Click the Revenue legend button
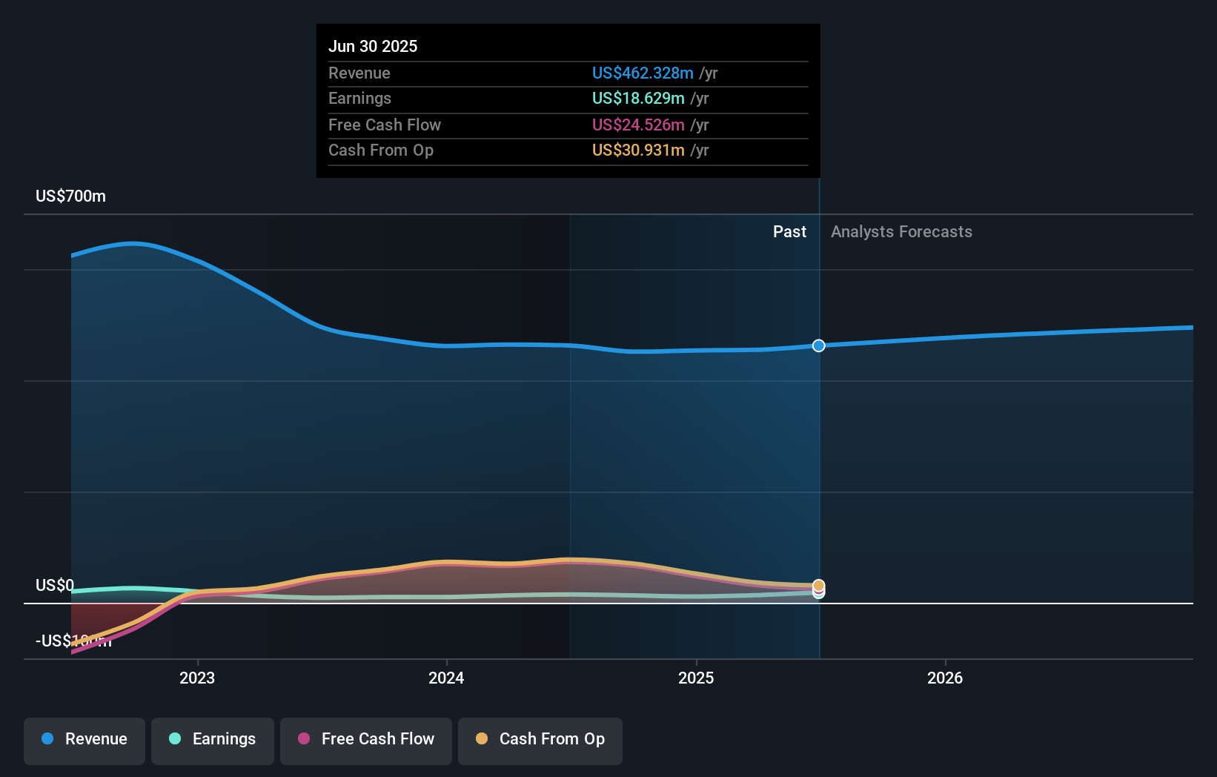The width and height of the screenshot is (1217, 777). [x=84, y=740]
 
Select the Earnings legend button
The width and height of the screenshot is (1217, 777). [x=213, y=740]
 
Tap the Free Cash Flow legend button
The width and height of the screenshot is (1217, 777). [x=366, y=740]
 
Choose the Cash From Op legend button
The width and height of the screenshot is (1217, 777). [x=540, y=740]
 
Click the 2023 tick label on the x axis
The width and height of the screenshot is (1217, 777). [x=197, y=678]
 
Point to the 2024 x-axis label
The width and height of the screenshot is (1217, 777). [x=446, y=678]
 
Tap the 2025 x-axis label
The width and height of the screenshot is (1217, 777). [x=696, y=678]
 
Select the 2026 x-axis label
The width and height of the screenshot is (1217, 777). [x=945, y=678]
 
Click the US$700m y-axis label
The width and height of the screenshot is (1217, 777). [x=70, y=196]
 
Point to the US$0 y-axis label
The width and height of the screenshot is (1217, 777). [x=55, y=586]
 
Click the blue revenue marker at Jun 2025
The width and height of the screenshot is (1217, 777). [x=818, y=345]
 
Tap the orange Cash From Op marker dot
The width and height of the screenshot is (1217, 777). [x=818, y=585]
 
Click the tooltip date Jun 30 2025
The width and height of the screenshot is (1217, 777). [x=373, y=46]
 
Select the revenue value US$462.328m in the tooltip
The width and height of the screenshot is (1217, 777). [x=643, y=73]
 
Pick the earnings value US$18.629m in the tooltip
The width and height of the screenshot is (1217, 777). [x=638, y=99]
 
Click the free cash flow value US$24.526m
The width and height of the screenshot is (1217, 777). [x=638, y=125]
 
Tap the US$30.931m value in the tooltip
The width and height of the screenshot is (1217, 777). [x=638, y=151]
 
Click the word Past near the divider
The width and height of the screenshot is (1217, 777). [x=789, y=232]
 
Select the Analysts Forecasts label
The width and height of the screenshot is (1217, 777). [x=901, y=232]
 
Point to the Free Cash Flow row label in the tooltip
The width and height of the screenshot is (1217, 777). [x=385, y=125]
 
